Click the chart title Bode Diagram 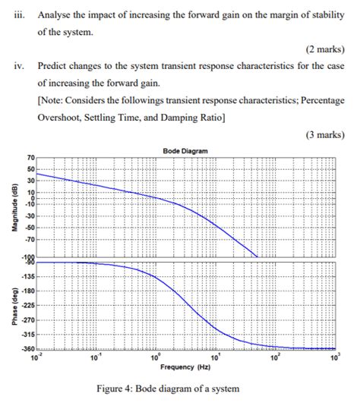pos(184,151)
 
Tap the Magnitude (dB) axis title pos(11,204)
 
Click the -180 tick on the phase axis pos(27,291)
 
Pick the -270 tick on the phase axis pos(27,319)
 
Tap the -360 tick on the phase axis pos(27,348)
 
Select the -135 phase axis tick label pos(27,277)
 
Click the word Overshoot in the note pos(62,118)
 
